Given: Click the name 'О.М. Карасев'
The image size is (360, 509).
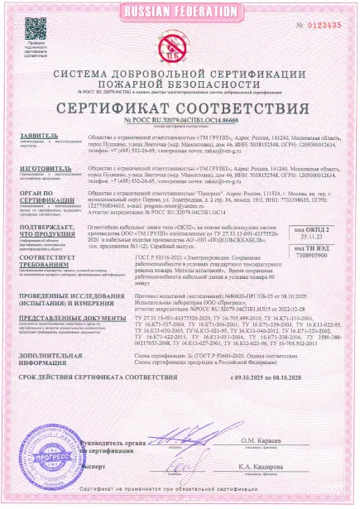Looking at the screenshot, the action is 281,444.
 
